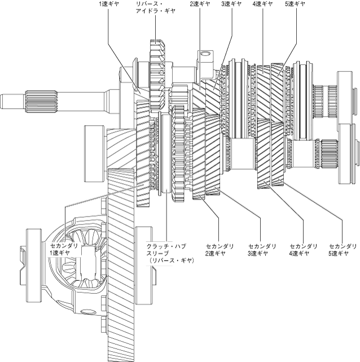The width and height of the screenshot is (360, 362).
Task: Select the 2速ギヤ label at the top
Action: click(x=200, y=4)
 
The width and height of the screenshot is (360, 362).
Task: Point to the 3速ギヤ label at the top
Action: click(x=231, y=4)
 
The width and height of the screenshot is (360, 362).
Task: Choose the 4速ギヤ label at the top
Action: click(x=263, y=4)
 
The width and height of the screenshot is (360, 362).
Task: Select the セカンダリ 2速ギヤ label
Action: click(x=216, y=250)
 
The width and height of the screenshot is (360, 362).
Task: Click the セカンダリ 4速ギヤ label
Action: click(x=304, y=250)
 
